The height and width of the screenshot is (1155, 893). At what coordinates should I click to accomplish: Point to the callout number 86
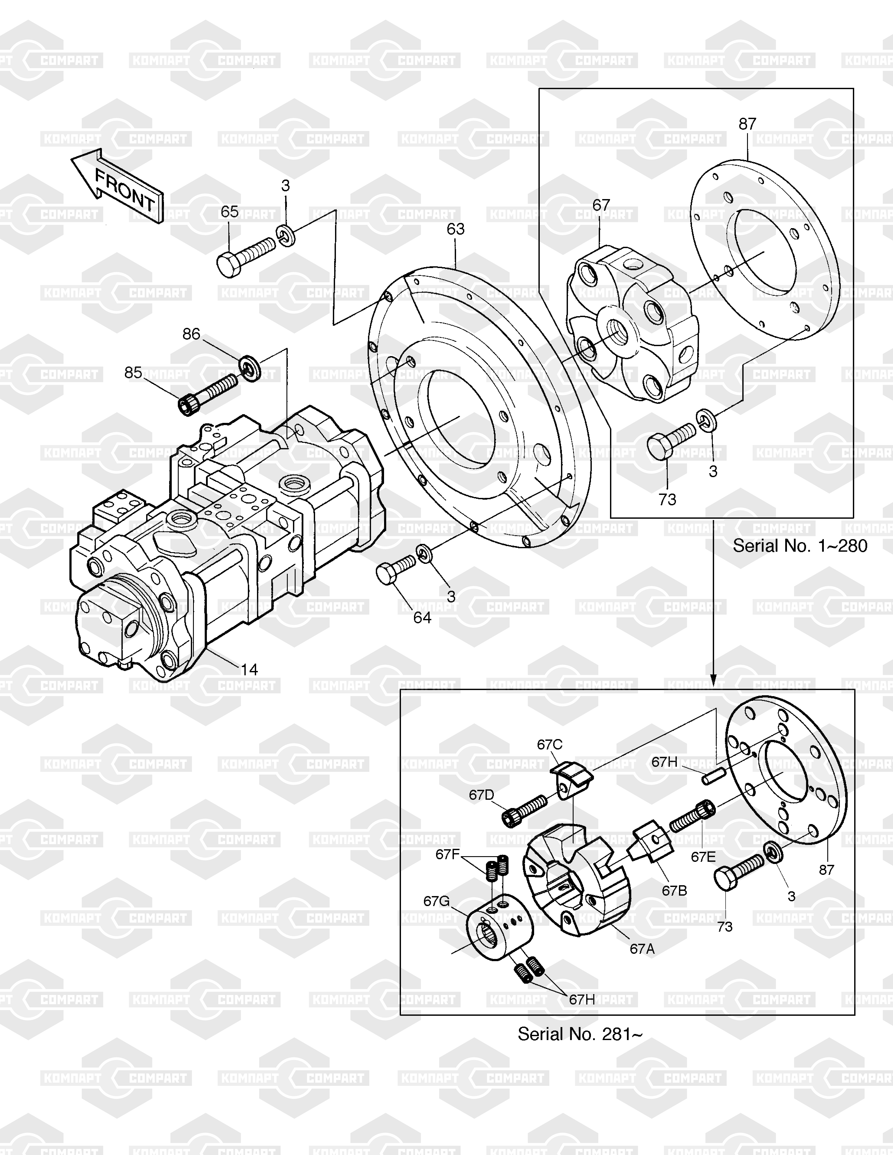coord(191,334)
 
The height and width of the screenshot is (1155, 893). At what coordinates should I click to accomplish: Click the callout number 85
coord(133,373)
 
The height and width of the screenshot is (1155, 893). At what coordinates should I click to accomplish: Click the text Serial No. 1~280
coord(800,546)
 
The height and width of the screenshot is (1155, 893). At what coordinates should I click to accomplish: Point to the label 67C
coord(550,745)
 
